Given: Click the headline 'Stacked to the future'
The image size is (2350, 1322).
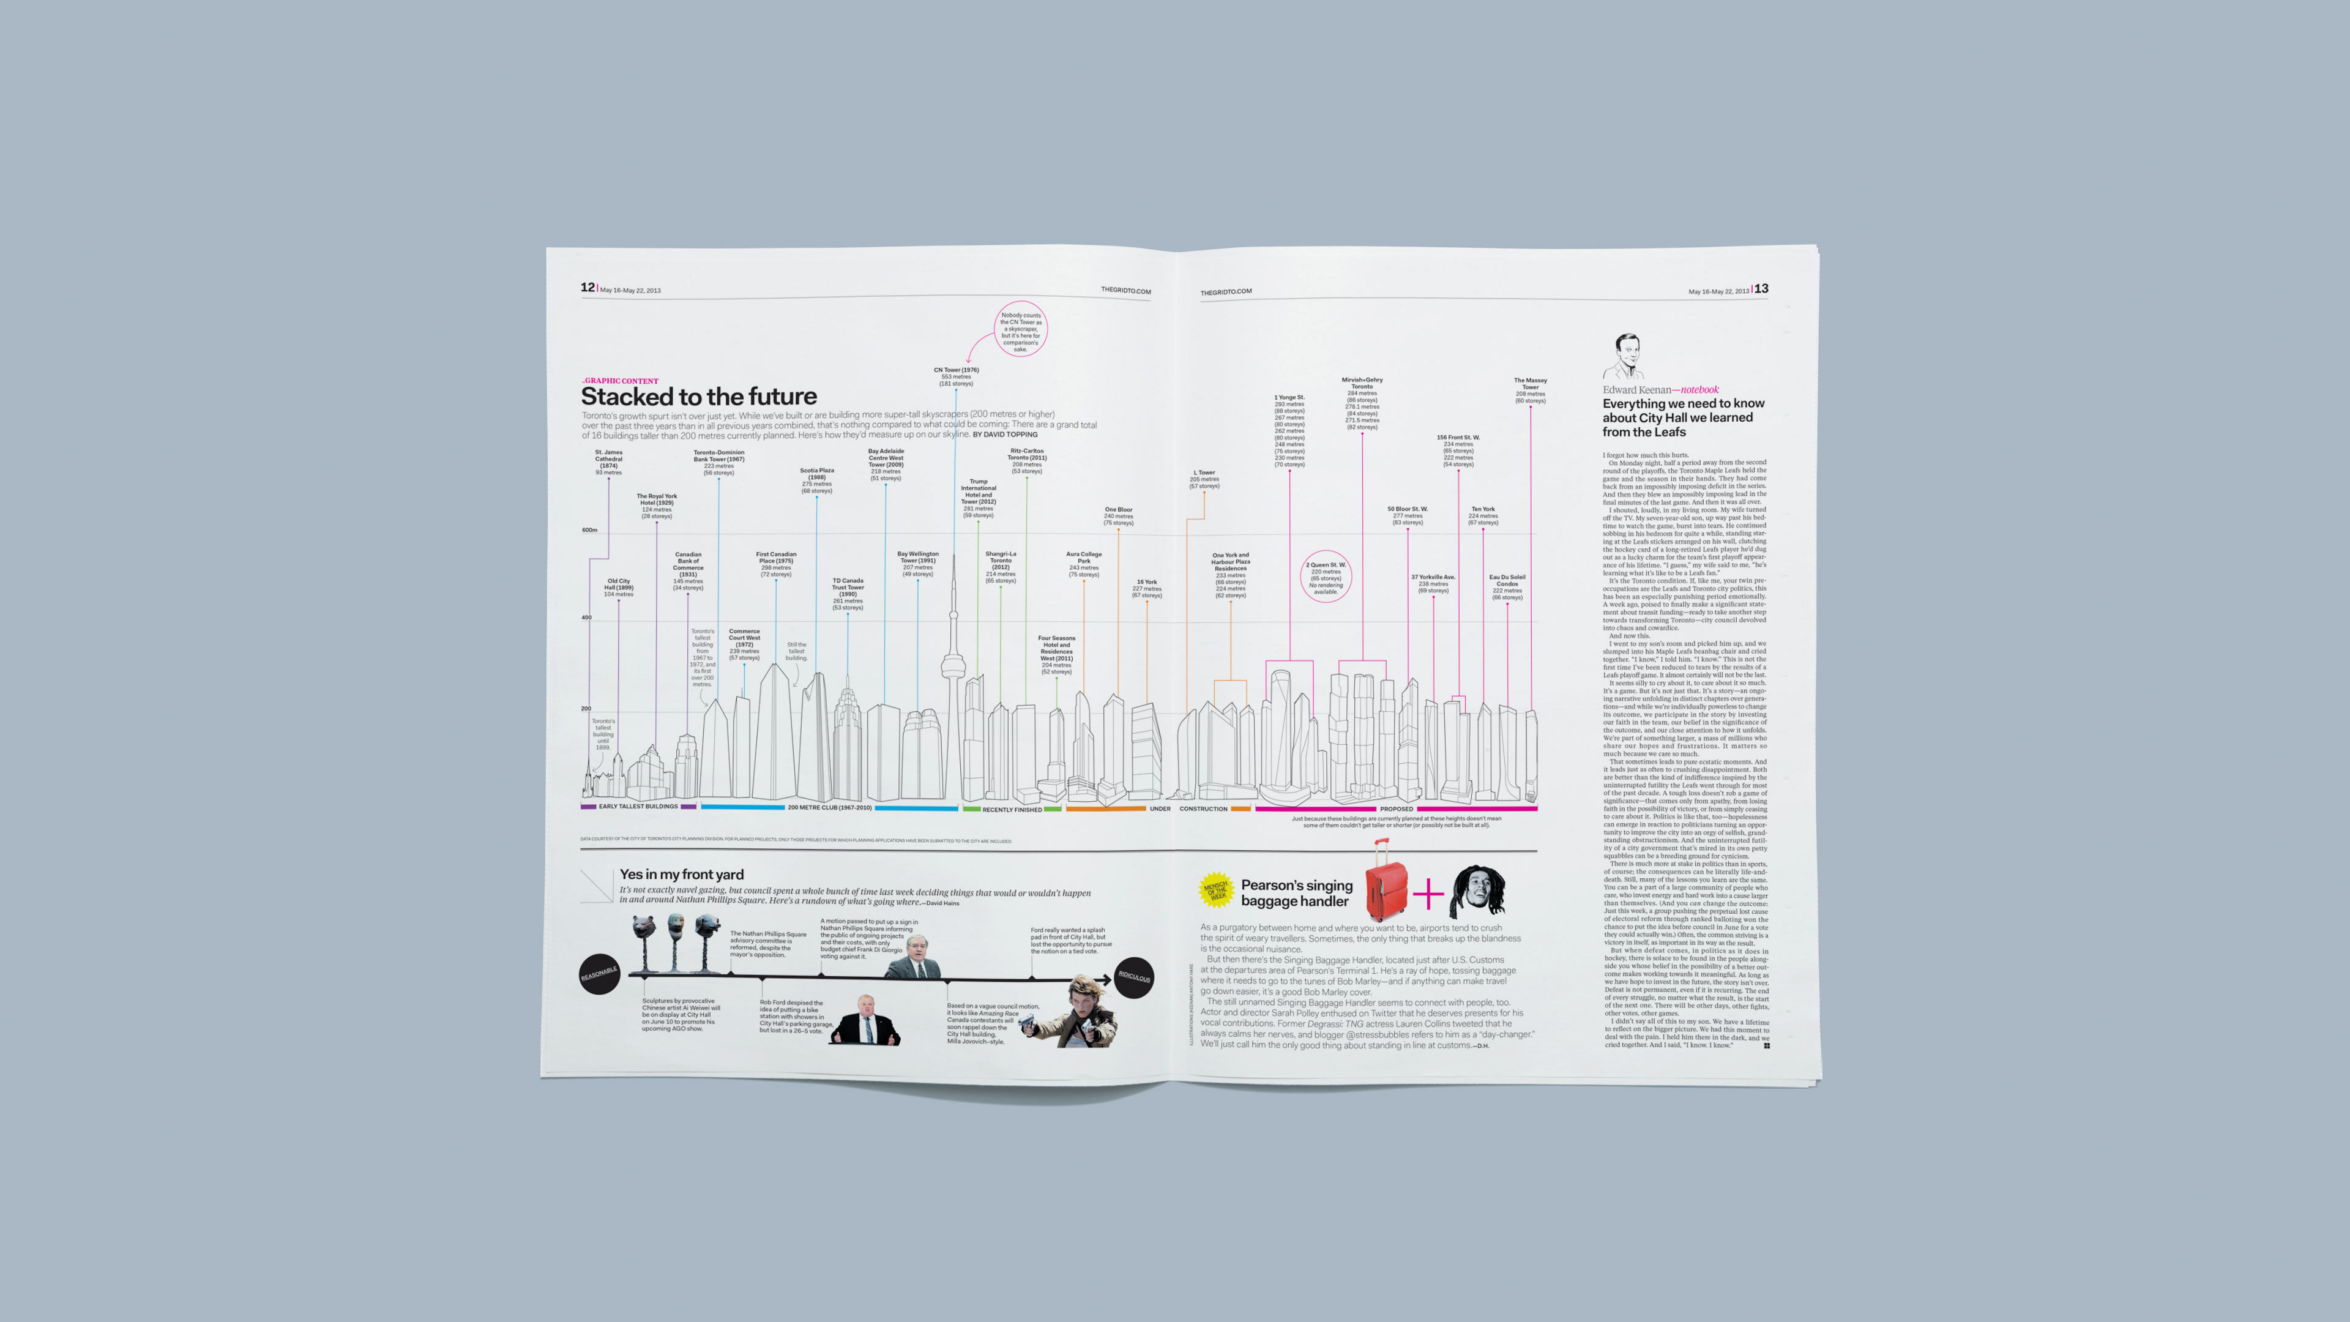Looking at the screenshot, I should (x=699, y=397).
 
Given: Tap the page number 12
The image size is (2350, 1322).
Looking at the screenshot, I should (x=587, y=288).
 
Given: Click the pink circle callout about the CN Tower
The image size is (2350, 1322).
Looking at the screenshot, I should (x=1020, y=329).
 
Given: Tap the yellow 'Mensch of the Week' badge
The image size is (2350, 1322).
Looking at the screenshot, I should (x=1216, y=889).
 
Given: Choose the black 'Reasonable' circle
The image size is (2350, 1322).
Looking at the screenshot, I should (x=599, y=974).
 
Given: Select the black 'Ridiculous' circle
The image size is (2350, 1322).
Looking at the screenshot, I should (x=1134, y=977).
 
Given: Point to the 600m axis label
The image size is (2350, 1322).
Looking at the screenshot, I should (x=589, y=530).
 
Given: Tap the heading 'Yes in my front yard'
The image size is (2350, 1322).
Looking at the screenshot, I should (x=682, y=874).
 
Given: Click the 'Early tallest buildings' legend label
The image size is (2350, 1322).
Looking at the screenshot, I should (x=638, y=807).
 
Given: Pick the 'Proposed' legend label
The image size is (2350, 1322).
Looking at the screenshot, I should (x=1396, y=809).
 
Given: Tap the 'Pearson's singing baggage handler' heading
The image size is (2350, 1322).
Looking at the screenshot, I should (x=1296, y=893).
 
